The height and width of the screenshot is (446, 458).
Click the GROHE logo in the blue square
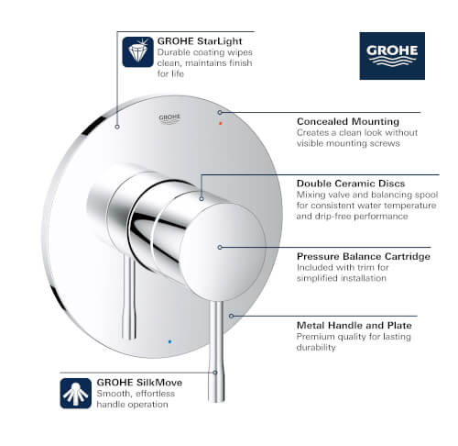tap(392, 56)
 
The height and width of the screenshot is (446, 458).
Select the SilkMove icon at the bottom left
tap(75, 391)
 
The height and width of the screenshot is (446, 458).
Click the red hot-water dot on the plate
tap(219, 119)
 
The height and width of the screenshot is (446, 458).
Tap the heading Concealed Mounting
tap(347, 121)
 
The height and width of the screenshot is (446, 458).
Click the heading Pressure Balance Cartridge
tap(363, 256)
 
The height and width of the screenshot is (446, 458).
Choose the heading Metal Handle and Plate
tap(354, 325)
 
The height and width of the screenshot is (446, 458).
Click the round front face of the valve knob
tap(219, 246)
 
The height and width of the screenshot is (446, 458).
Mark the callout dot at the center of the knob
tap(219, 246)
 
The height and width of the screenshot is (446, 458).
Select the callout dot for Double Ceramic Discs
tap(202, 197)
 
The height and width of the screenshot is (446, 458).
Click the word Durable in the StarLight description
tap(174, 52)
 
